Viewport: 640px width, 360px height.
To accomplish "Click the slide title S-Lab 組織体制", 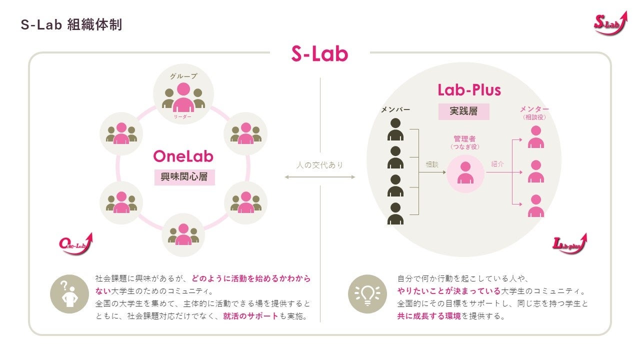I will pos(71,24).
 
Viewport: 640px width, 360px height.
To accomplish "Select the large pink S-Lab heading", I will pos(319,54).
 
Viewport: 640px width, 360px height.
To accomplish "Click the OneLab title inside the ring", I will pos(183,156).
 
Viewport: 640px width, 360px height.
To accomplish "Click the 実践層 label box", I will pos(463,111).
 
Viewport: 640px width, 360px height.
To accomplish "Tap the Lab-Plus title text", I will pos(469,90).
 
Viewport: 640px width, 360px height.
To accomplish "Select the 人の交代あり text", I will pos(319,165).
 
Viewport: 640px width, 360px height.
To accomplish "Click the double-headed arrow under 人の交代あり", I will pos(319,177).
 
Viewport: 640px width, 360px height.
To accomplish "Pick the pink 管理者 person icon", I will pos(465,173).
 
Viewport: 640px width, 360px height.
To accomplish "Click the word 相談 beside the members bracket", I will pos(432,164).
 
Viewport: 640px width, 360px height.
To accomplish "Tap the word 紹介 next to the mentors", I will pos(497,164).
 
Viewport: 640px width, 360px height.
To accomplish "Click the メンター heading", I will pos(534,109).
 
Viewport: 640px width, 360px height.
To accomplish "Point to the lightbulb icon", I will pos(367,294).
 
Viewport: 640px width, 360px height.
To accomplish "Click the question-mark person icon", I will pos(68,294).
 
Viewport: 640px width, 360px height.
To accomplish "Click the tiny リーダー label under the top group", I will pos(183,116).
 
